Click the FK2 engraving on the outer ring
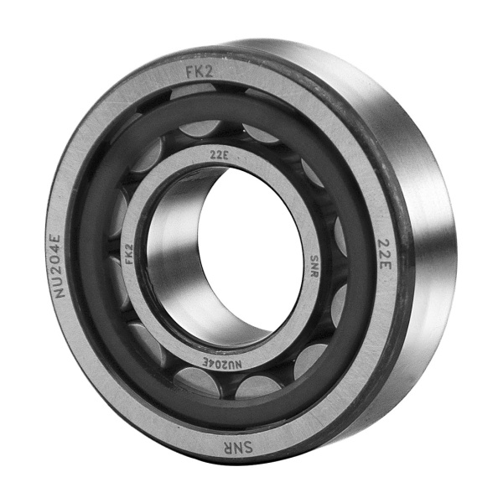[x=200, y=71]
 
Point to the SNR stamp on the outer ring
[x=236, y=447]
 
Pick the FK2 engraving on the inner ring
[x=129, y=253]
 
